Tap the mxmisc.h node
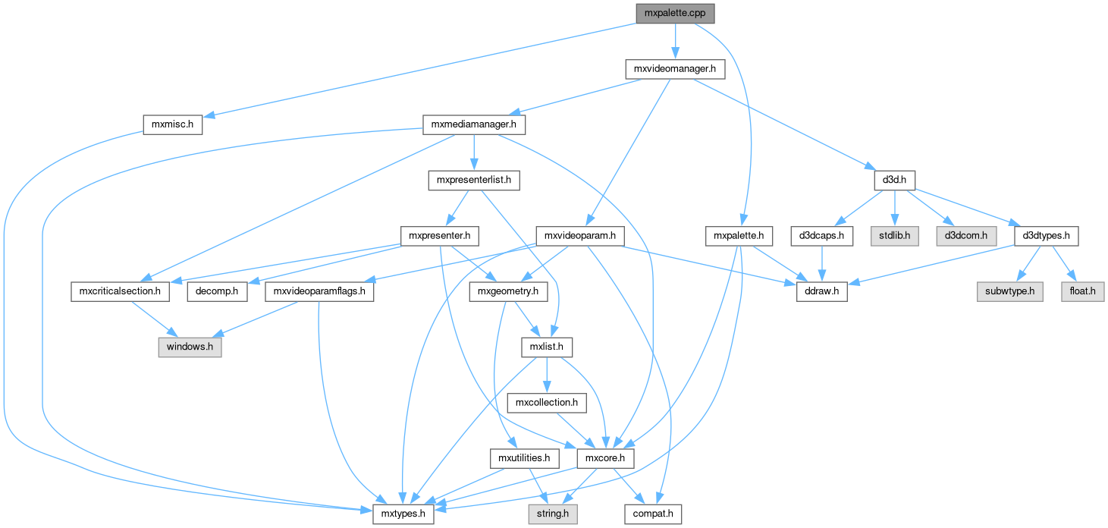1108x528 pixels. (x=172, y=124)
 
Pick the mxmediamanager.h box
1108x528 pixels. (x=474, y=124)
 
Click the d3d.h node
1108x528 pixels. (x=895, y=181)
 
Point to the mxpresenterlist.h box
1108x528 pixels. (x=474, y=181)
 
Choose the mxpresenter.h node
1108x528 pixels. (x=440, y=236)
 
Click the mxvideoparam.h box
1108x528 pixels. (x=579, y=236)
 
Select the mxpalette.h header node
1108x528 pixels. (x=739, y=236)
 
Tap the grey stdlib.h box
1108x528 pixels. (x=896, y=236)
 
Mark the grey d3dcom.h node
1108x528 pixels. (x=966, y=236)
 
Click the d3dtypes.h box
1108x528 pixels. (x=1046, y=236)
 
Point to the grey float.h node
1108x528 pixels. (x=1081, y=291)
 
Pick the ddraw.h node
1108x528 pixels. (x=821, y=291)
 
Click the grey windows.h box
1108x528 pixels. (x=190, y=347)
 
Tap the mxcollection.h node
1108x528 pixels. (x=547, y=403)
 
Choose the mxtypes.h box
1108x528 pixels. (x=403, y=514)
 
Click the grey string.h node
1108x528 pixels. (x=553, y=514)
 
